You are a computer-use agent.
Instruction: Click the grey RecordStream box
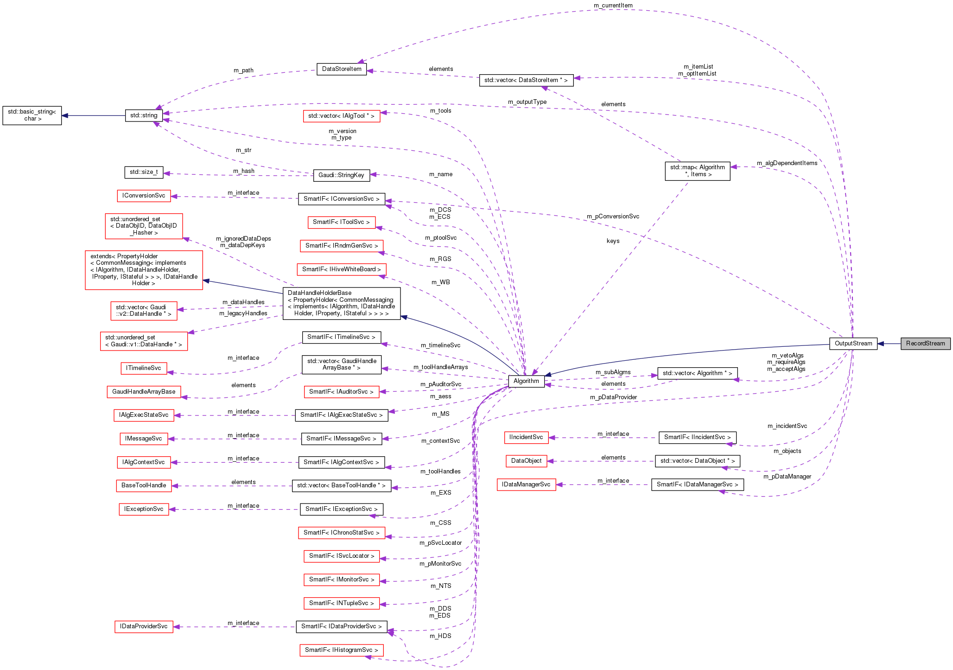pos(925,344)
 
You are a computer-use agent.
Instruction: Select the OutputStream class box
pos(853,344)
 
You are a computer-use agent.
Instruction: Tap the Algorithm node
pos(526,381)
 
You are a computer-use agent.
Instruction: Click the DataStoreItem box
pos(342,69)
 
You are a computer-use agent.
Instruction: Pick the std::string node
pos(144,115)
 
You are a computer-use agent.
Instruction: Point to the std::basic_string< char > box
pos(32,115)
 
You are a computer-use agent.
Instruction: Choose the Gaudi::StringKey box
pos(341,175)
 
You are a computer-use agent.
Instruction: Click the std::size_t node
pos(144,172)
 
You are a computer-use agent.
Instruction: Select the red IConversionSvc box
pos(144,196)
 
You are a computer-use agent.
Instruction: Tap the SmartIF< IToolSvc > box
pos(341,222)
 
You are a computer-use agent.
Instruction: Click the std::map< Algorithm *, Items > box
pos(697,171)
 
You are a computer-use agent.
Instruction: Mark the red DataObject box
pos(526,461)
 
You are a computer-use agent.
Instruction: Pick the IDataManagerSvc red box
pos(526,485)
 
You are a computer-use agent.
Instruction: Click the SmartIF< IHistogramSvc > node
pos(341,650)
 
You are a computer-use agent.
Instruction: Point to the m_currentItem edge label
pos(613,6)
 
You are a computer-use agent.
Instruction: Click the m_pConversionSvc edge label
pos(613,217)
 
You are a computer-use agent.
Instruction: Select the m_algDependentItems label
pos(787,163)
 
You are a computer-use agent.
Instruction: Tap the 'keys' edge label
pos(613,241)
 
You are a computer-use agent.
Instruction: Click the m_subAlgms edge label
pos(613,372)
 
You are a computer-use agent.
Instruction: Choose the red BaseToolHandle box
pos(144,485)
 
